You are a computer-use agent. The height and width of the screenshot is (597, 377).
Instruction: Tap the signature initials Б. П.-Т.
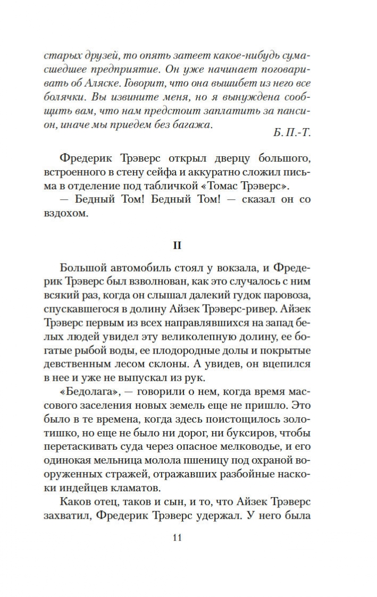pos(291,132)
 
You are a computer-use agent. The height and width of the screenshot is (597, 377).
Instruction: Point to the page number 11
pos(178,537)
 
